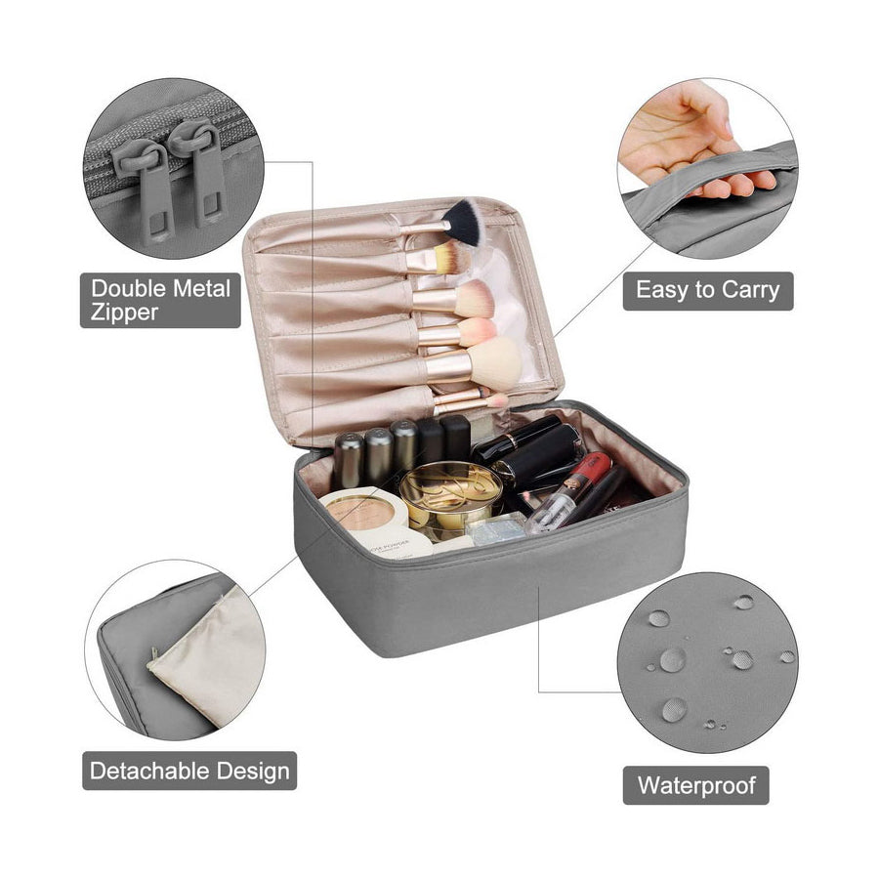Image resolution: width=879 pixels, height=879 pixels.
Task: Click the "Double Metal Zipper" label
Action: click(x=161, y=300)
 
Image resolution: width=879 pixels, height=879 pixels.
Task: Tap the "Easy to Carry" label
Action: click(x=708, y=290)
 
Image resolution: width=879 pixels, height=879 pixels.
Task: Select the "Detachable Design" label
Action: click(x=189, y=771)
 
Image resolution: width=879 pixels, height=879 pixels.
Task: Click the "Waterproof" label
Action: click(x=695, y=785)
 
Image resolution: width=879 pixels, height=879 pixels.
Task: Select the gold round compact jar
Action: click(x=450, y=494)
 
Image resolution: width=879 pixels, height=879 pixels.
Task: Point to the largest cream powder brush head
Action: click(x=493, y=364)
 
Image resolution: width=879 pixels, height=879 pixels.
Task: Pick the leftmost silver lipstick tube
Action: click(x=348, y=460)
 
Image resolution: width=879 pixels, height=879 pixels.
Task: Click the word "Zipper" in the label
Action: click(x=124, y=313)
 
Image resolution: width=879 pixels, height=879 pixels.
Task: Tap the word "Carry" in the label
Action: click(x=750, y=290)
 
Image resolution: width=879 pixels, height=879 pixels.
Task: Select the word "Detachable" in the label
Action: click(x=149, y=771)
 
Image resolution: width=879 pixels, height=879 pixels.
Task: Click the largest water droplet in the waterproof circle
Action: click(x=672, y=659)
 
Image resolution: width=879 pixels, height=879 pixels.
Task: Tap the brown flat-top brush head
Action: click(x=450, y=258)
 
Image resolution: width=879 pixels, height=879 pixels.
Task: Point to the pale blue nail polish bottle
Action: click(x=496, y=528)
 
